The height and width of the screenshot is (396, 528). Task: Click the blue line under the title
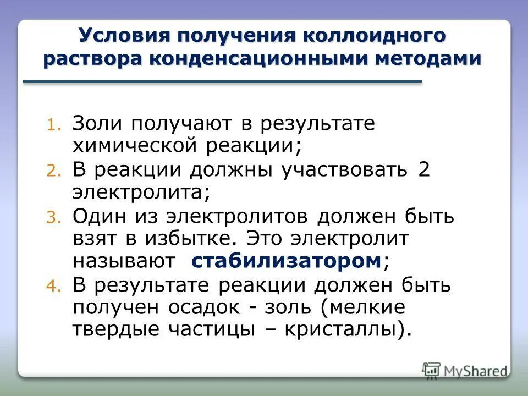(223, 82)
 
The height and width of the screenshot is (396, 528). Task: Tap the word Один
(101, 216)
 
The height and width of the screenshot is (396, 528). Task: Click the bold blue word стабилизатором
(286, 261)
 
